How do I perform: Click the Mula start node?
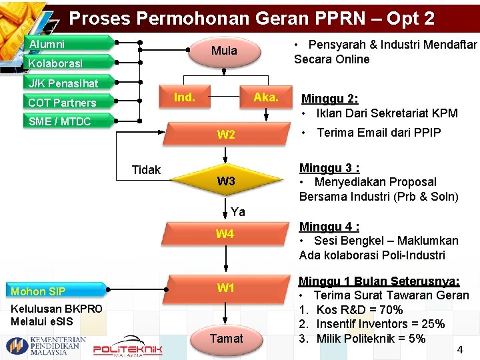point(224,50)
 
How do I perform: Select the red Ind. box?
point(185,98)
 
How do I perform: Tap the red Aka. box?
point(265,98)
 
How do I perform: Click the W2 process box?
point(226,135)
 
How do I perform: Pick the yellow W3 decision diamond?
point(226,181)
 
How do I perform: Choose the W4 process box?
point(225,234)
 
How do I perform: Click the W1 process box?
point(225,289)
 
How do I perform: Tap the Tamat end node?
point(226,339)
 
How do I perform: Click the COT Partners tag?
point(61,103)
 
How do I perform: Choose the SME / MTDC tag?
point(59,121)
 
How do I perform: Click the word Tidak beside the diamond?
point(146,170)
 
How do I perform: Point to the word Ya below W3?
point(238,212)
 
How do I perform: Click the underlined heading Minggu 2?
point(329,99)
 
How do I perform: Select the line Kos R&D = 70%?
point(359,310)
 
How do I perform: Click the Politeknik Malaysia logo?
point(127,348)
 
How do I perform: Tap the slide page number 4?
point(459,349)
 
